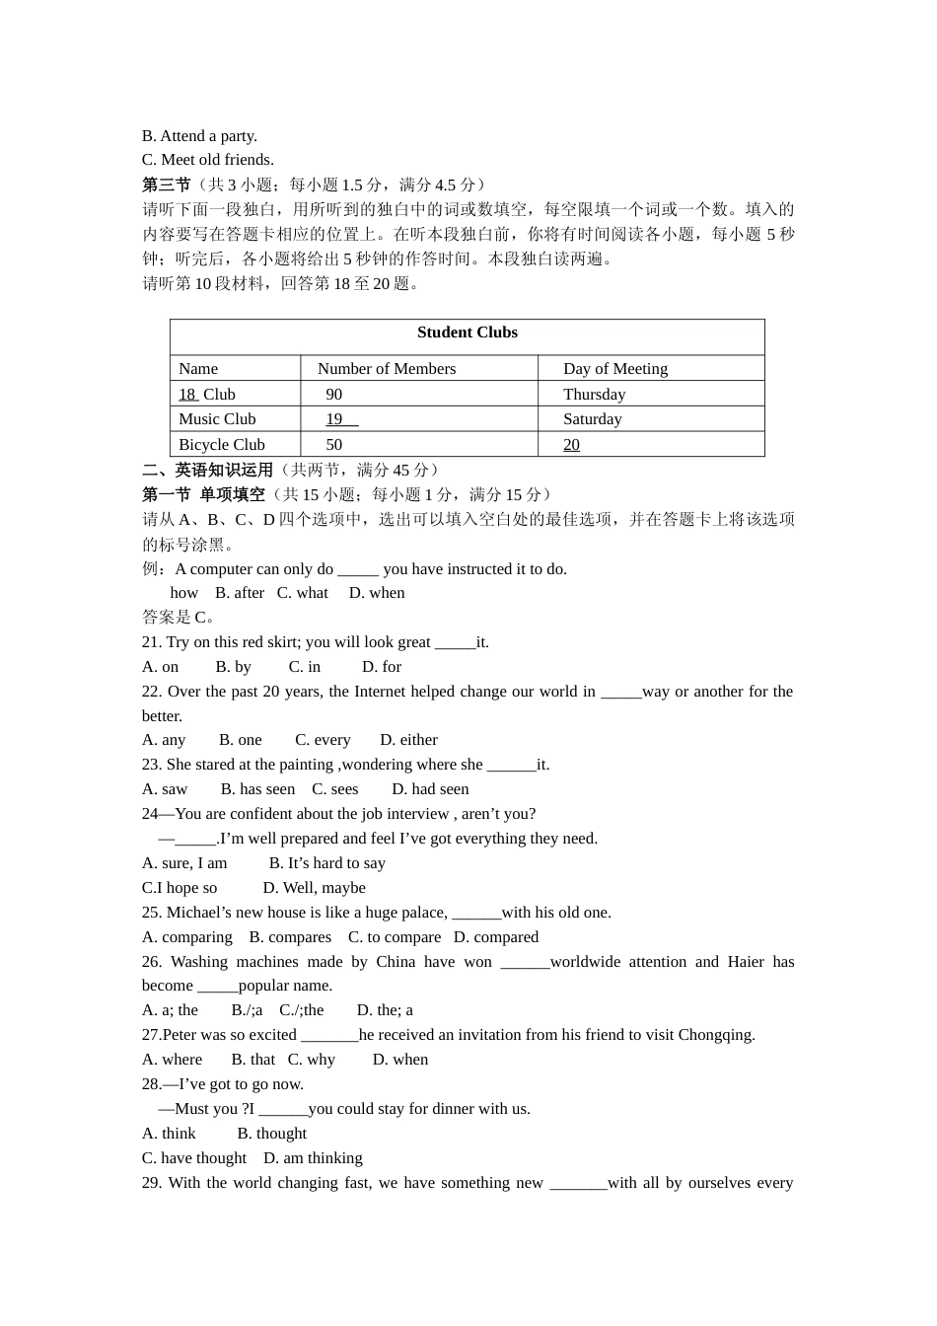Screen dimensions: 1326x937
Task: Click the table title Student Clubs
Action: [467, 332]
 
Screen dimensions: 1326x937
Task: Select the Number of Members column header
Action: [387, 369]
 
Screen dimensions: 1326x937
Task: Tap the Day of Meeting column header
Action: [614, 369]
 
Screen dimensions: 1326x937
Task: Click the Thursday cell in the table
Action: [594, 395]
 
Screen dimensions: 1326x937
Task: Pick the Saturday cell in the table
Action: [592, 419]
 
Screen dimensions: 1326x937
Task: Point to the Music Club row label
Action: [217, 419]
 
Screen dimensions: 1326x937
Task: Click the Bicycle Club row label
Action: [221, 445]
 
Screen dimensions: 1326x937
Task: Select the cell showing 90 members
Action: [334, 395]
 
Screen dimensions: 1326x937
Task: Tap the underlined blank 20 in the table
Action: [571, 445]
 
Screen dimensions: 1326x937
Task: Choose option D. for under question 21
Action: [382, 667]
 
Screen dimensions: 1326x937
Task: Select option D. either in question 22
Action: [408, 740]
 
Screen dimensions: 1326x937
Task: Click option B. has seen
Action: [257, 789]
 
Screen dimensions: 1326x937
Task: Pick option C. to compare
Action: [394, 937]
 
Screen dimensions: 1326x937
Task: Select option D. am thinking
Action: [313, 1158]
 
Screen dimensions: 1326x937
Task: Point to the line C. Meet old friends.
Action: [207, 160]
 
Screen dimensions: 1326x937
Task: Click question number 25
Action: [152, 913]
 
